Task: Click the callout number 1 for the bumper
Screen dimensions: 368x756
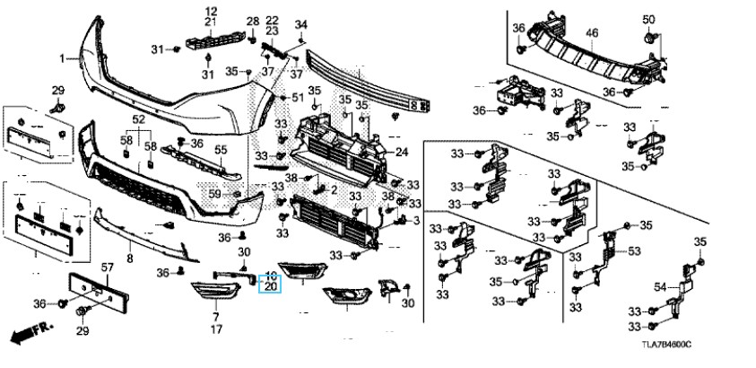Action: click(63, 58)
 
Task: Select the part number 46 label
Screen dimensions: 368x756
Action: click(592, 34)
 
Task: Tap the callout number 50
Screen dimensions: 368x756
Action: click(648, 20)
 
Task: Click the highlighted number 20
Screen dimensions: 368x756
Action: click(270, 286)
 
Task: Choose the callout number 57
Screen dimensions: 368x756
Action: click(106, 268)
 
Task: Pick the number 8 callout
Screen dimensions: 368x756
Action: click(129, 258)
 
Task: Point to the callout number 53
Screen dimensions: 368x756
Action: click(635, 251)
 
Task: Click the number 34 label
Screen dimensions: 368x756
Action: click(301, 24)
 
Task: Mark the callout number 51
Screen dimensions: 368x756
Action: click(298, 97)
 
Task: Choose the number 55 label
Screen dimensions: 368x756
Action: click(221, 149)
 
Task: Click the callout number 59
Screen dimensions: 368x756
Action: click(214, 193)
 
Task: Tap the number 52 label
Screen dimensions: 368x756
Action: click(138, 120)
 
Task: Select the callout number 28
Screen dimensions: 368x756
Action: click(252, 21)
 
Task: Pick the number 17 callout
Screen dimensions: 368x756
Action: click(216, 329)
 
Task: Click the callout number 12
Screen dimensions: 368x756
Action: click(212, 10)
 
